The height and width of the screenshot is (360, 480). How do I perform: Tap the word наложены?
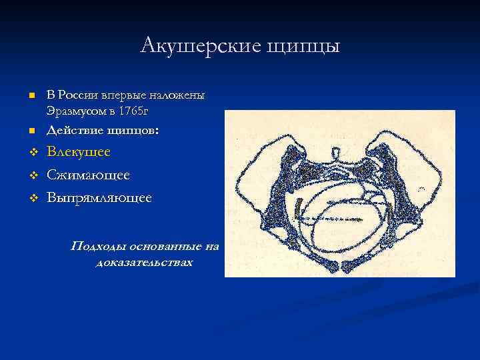click(x=181, y=95)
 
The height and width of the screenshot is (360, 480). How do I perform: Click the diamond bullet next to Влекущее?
click(x=31, y=153)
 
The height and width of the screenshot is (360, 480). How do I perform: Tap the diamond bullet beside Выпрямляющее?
click(x=31, y=199)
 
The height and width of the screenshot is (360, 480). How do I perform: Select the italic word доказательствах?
click(x=144, y=262)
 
